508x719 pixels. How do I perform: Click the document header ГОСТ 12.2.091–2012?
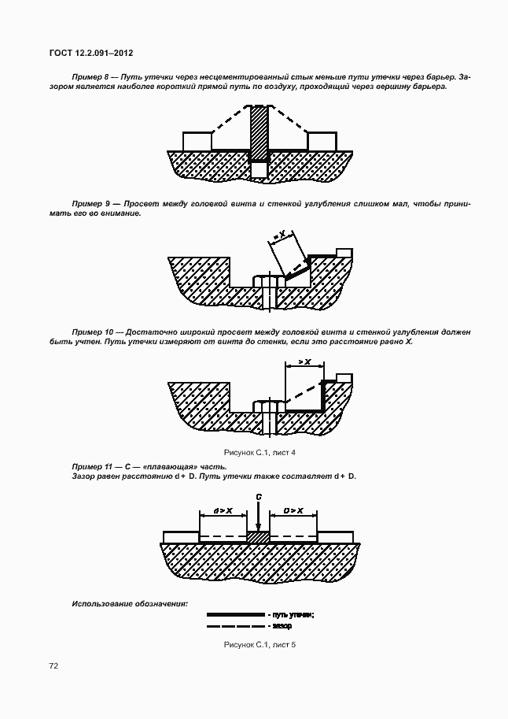coord(90,53)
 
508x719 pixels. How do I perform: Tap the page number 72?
coord(53,665)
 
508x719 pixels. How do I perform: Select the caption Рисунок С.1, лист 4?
coord(260,453)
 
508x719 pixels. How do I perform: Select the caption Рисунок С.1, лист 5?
coord(260,645)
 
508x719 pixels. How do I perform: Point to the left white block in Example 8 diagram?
coord(197,140)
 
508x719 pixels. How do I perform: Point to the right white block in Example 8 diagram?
coord(322,140)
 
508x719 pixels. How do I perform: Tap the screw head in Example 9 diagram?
coord(269,281)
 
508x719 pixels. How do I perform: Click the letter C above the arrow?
coord(259,497)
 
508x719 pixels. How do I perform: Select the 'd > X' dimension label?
coord(223,510)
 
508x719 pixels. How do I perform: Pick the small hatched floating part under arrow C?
coord(259,537)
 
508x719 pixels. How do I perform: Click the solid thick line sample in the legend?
coord(235,614)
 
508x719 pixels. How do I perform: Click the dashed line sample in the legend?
coord(235,626)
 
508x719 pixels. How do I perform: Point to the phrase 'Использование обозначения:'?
coord(130,603)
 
